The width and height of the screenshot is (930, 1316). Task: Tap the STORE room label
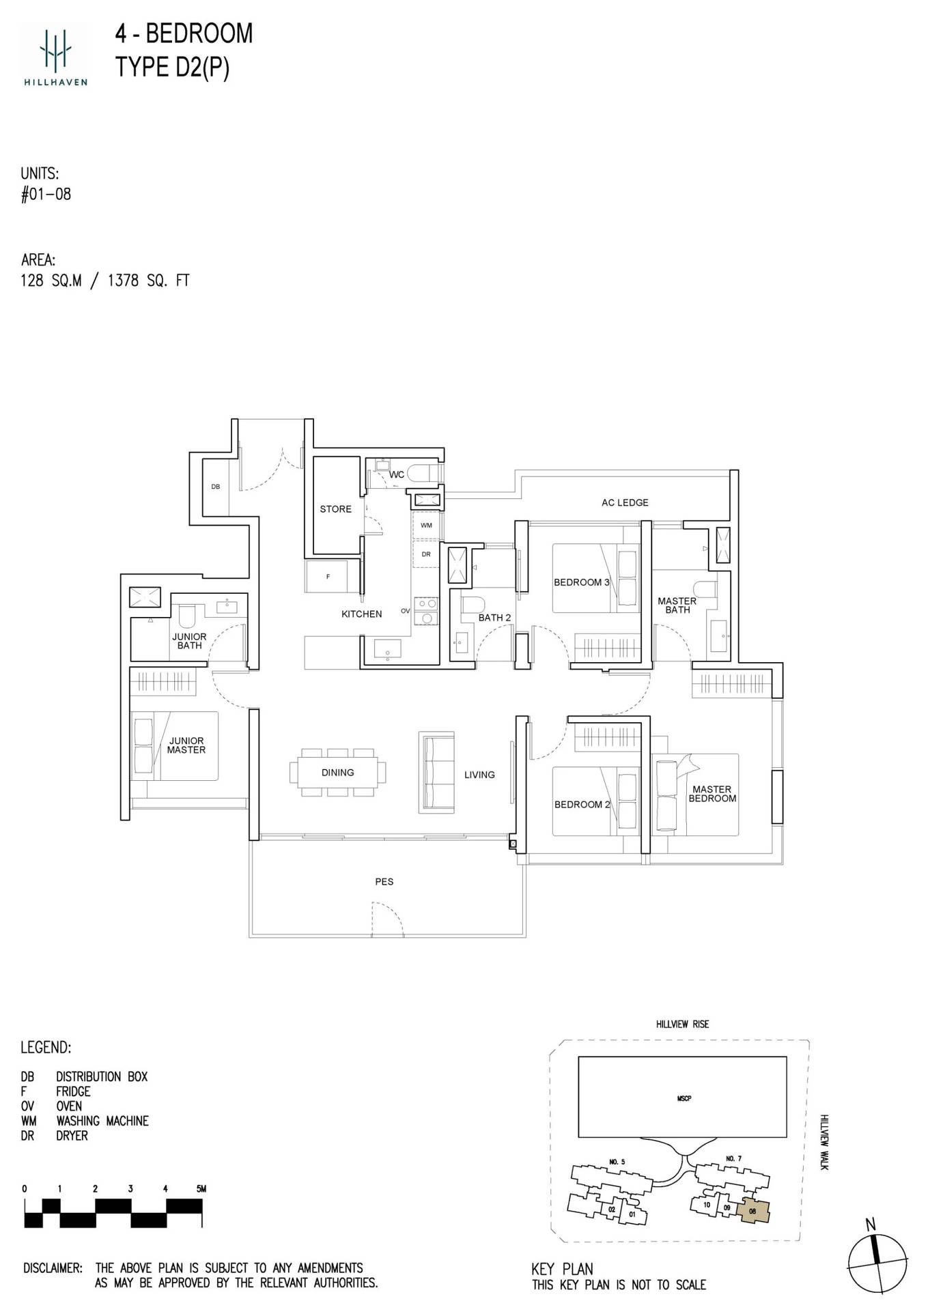(x=335, y=509)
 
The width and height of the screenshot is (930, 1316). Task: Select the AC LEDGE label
(x=625, y=502)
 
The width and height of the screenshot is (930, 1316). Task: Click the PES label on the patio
(x=384, y=881)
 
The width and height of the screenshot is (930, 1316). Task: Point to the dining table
(x=337, y=773)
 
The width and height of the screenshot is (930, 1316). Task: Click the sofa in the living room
(x=436, y=773)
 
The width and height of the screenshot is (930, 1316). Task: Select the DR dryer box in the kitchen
(x=426, y=554)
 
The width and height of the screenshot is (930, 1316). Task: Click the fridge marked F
(x=328, y=577)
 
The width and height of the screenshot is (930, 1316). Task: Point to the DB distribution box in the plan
(x=216, y=487)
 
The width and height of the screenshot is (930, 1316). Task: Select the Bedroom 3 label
(x=581, y=582)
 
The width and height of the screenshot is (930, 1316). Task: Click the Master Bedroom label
(x=712, y=794)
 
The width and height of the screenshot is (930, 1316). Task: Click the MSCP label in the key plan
(x=684, y=1098)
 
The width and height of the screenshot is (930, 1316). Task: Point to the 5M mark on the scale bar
(x=200, y=1188)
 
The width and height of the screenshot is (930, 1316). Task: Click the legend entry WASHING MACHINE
(x=102, y=1121)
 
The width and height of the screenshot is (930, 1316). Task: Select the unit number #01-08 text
(x=46, y=195)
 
